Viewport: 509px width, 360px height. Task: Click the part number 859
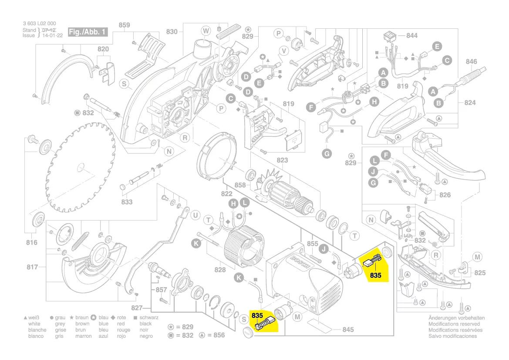click(x=124, y=25)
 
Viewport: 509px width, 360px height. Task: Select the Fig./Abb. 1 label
click(x=87, y=32)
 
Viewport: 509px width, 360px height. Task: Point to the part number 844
click(x=411, y=36)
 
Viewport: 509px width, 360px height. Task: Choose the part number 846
click(x=472, y=62)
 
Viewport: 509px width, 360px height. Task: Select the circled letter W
click(x=206, y=30)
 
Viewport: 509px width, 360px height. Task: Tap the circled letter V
click(x=283, y=51)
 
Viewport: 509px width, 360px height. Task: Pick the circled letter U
click(x=195, y=215)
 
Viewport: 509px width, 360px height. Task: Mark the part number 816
click(x=32, y=243)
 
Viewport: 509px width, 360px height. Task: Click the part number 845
click(x=348, y=329)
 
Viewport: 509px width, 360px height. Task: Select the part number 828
click(x=220, y=270)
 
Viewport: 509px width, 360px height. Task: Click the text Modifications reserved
click(x=454, y=324)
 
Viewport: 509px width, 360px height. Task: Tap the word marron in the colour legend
click(x=83, y=336)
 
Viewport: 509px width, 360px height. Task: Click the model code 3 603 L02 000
click(x=39, y=24)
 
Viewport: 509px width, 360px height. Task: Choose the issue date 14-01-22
click(x=52, y=36)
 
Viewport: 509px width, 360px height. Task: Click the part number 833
click(x=127, y=202)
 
